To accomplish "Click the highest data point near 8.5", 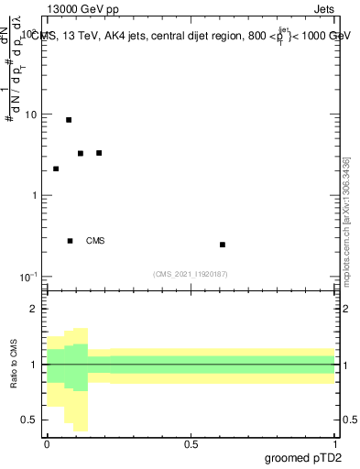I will click(69, 120).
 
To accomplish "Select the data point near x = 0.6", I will click(223, 245).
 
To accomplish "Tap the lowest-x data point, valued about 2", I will click(56, 169).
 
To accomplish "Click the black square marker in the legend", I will click(71, 241).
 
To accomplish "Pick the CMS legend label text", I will click(95, 242).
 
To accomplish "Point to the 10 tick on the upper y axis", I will click(33, 115).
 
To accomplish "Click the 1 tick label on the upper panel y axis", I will click(36, 196).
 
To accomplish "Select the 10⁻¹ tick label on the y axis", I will click(31, 277).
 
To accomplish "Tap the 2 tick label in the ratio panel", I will click(36, 309).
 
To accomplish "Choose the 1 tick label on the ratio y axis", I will click(36, 365).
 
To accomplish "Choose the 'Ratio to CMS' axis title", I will click(14, 365).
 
